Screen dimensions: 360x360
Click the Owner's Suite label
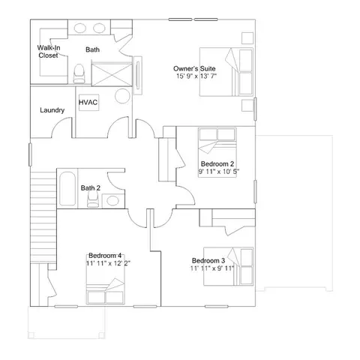194,68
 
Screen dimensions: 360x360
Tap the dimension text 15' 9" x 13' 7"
196,76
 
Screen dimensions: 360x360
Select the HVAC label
88,102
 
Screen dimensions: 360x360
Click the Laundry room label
52,110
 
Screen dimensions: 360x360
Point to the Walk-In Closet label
49,52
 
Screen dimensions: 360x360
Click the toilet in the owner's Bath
79,73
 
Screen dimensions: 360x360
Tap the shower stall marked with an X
112,75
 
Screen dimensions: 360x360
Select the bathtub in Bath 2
67,188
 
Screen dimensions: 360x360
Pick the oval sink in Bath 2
112,200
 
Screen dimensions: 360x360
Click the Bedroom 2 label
217,164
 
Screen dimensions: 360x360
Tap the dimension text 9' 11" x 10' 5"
219,172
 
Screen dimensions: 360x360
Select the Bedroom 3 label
208,260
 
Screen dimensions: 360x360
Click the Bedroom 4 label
105,256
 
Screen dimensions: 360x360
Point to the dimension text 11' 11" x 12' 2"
109,263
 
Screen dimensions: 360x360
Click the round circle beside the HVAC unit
122,96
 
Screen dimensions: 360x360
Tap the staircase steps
43,217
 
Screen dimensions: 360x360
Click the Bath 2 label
91,188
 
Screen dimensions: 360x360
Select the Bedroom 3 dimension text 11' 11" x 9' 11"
212,268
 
